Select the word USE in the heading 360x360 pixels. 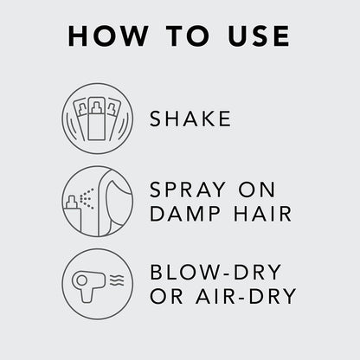coord(255,36)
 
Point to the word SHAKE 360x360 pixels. coord(190,119)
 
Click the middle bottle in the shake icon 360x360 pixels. coord(97,117)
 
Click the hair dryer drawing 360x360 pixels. coord(88,283)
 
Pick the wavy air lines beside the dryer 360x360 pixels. coord(114,280)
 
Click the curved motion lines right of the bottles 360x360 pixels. coord(122,119)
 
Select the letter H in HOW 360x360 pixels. coord(78,36)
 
